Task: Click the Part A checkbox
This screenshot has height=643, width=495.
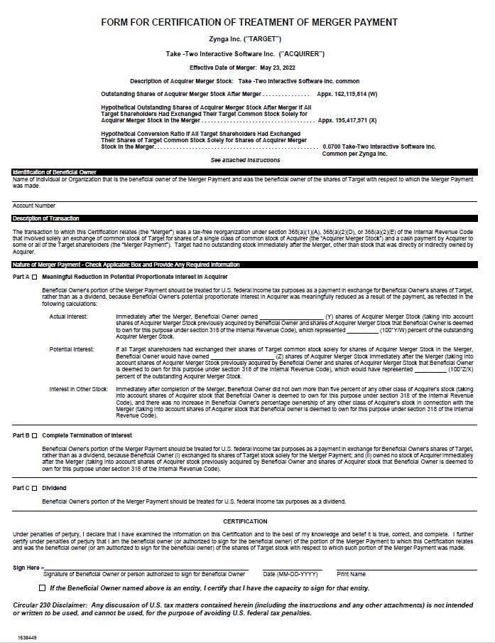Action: click(34, 276)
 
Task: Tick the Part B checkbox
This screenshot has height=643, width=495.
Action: click(34, 435)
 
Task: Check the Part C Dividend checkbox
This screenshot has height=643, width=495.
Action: click(34, 488)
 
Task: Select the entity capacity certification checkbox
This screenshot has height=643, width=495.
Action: click(42, 588)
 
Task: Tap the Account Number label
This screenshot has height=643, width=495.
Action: click(34, 206)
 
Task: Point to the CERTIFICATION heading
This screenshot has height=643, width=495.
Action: click(245, 521)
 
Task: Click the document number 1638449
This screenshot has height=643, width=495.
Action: click(27, 637)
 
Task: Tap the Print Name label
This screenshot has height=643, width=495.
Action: click(351, 574)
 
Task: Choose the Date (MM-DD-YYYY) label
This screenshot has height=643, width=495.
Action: click(289, 574)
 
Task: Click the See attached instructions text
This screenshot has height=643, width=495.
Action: click(245, 160)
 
